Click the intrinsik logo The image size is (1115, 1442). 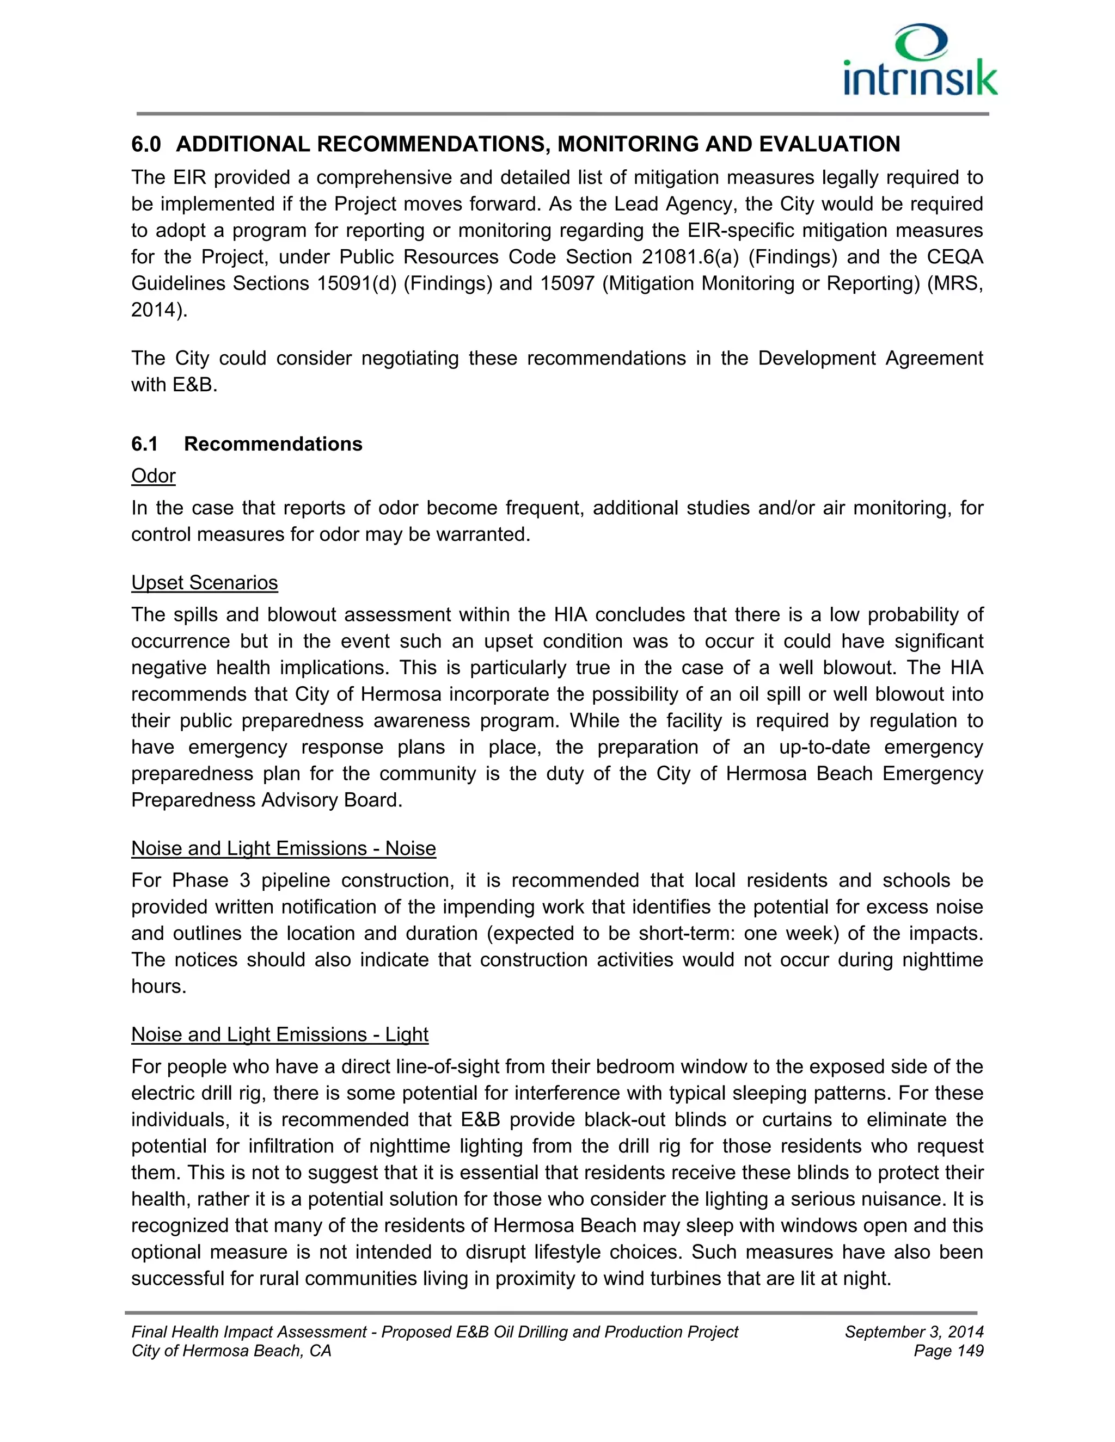click(920, 61)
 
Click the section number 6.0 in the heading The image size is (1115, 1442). click(146, 144)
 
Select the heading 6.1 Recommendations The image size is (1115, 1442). click(247, 443)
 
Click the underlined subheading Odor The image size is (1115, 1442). click(153, 476)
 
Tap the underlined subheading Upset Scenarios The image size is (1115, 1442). click(204, 582)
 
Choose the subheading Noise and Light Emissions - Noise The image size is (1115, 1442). click(283, 848)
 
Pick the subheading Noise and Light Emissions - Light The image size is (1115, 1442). click(279, 1034)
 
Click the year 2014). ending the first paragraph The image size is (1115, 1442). click(159, 310)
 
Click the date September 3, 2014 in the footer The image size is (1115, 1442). click(914, 1332)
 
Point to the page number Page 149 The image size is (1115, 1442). click(948, 1351)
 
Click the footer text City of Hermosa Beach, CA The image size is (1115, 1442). click(231, 1351)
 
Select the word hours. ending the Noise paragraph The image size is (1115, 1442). click(158, 986)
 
